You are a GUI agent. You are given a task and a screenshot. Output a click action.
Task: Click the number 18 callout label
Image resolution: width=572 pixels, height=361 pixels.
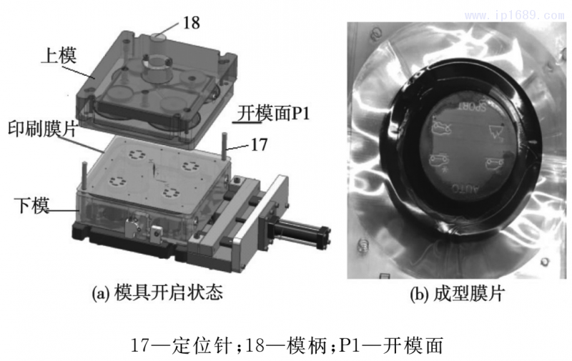[190, 22]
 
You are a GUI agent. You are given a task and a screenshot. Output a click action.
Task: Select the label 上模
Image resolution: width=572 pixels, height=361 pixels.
[54, 54]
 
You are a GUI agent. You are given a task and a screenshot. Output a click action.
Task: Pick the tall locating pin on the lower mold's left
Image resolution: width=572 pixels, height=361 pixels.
[85, 175]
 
